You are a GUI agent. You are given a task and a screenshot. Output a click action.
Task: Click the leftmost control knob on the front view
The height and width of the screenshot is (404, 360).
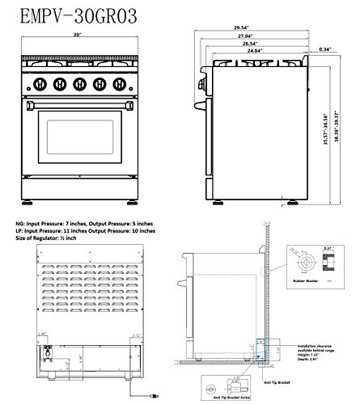coord(39,83)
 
